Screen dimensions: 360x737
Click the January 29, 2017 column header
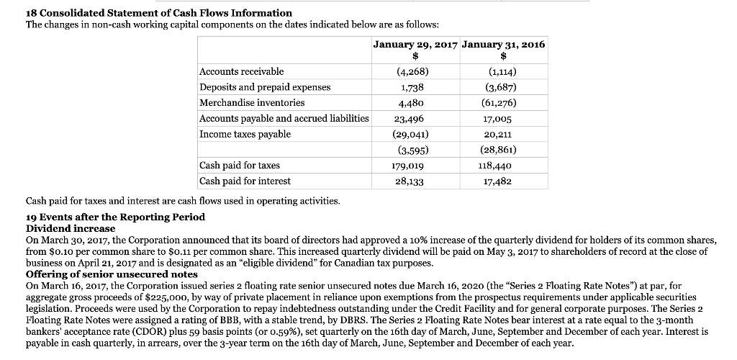click(x=415, y=45)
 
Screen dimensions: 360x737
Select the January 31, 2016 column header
click(x=503, y=45)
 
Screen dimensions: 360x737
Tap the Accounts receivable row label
click(x=241, y=71)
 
